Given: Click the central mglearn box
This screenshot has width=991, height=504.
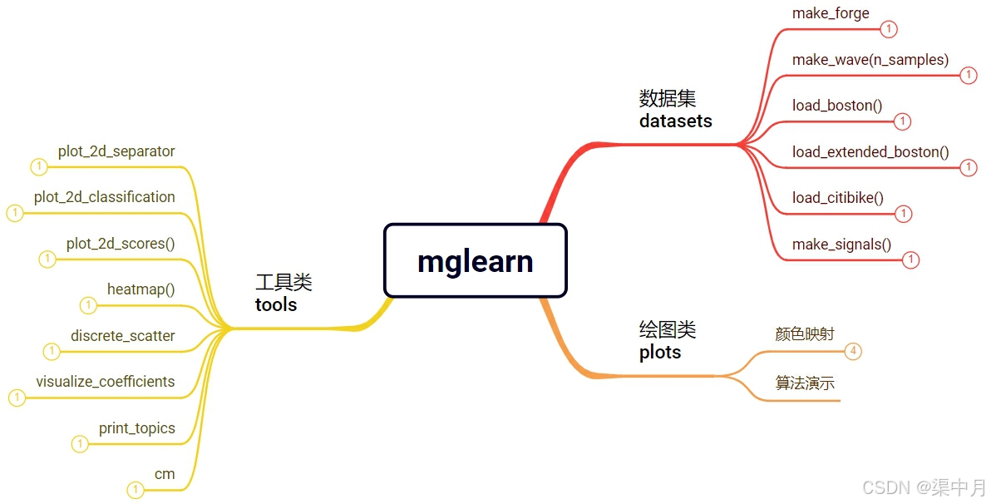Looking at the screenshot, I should point(475,260).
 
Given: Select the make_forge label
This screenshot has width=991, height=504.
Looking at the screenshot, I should point(831,13).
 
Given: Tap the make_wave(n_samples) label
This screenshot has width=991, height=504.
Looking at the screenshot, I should point(870,60).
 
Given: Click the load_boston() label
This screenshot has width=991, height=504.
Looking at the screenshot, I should point(836,106).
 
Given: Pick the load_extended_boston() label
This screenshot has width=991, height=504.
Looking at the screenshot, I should point(870,152).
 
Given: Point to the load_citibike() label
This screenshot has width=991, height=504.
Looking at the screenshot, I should point(837,198).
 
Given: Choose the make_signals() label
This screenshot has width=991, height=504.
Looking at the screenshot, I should point(841,245).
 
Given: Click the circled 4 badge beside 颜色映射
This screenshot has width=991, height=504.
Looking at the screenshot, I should point(853,351).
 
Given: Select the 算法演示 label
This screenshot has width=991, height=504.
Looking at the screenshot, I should point(804,383).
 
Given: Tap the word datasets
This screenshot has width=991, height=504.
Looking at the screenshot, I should point(675,121).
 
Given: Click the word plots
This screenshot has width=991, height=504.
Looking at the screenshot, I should point(659,353).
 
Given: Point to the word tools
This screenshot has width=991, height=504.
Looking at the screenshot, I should point(276,305).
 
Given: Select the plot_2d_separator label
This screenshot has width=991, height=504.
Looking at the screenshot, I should point(116,151).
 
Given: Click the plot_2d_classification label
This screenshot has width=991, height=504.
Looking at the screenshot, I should point(104,197).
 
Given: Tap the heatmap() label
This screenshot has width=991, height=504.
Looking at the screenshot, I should point(141,289).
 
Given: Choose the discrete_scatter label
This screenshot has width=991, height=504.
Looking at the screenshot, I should point(122,336).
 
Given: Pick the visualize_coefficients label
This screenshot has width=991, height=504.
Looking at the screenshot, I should point(105,382).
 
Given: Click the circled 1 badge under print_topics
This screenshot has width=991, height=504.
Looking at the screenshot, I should point(80,444).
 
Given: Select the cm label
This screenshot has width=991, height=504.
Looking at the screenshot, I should point(165,474).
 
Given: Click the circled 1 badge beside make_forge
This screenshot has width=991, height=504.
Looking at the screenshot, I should point(889,30).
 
